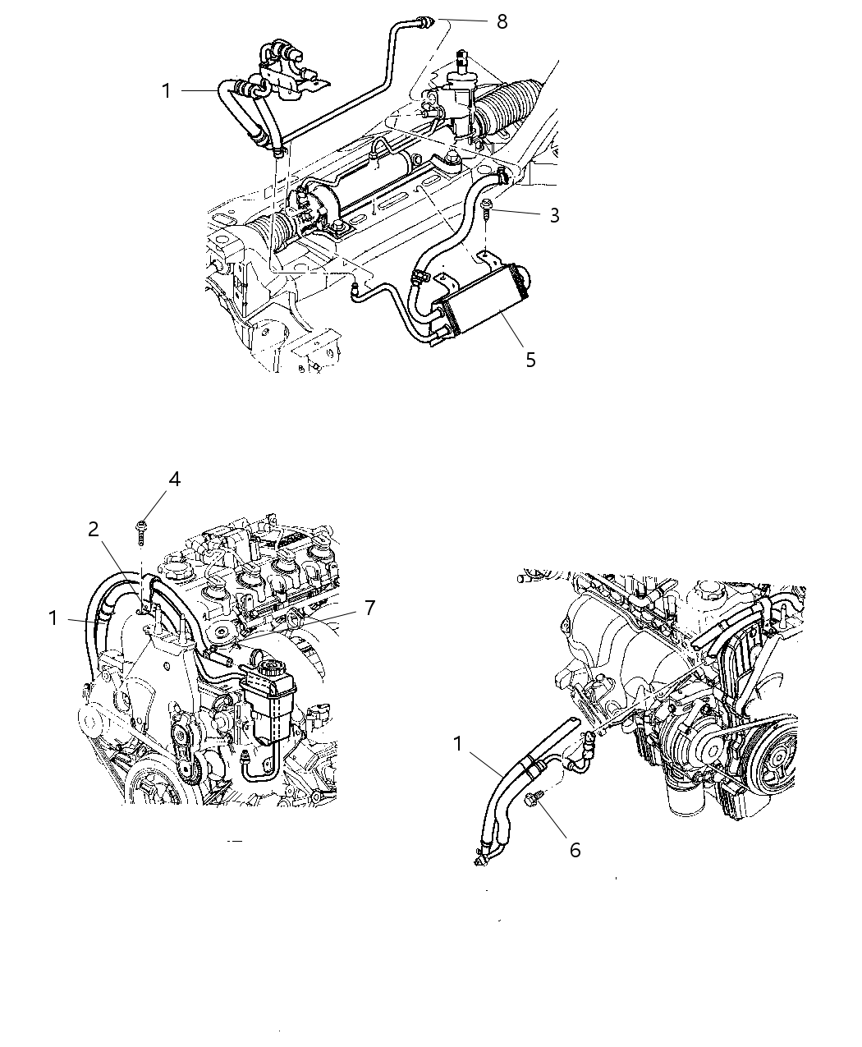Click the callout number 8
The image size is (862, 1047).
tap(502, 21)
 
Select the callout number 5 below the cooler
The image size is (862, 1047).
tap(530, 360)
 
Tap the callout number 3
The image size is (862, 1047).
tap(555, 215)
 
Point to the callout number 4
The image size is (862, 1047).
tap(174, 480)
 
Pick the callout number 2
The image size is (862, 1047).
tap(94, 529)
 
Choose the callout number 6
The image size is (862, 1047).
tap(575, 850)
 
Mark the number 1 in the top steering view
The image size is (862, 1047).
tap(167, 91)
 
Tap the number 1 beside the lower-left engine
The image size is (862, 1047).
tap(53, 618)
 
